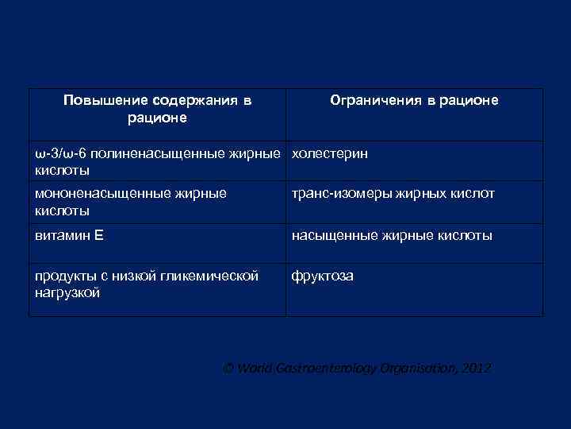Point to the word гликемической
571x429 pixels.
(x=217, y=276)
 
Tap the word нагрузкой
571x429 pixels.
(x=67, y=293)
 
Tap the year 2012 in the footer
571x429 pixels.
(x=477, y=369)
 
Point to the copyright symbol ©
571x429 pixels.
(x=228, y=369)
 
